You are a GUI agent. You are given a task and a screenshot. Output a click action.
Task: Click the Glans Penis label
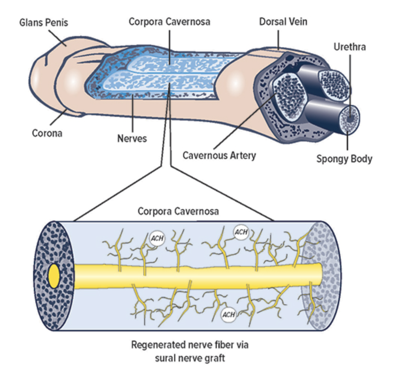pos(44,23)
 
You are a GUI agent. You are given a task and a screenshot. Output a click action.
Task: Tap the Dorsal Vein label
pos(283,21)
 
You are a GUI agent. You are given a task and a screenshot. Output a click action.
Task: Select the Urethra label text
pos(349,47)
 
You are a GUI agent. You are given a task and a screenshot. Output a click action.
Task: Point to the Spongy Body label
pos(344,159)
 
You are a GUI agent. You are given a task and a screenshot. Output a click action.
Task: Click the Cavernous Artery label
pos(219,155)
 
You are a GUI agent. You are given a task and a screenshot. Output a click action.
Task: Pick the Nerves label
pos(132,138)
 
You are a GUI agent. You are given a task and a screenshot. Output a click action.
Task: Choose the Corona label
pos(47,133)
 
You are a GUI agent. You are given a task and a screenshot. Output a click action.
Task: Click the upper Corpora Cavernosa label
pos(169,21)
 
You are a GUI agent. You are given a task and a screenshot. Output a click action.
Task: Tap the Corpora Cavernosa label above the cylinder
pos(178,211)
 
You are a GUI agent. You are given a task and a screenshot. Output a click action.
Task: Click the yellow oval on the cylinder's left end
pos(54,277)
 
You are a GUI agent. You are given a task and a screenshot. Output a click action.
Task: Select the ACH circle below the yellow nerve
pos(228,314)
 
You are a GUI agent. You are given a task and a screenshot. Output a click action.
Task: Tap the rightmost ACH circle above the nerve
pos(241,232)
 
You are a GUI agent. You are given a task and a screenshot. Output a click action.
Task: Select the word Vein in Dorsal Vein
pos(298,21)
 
